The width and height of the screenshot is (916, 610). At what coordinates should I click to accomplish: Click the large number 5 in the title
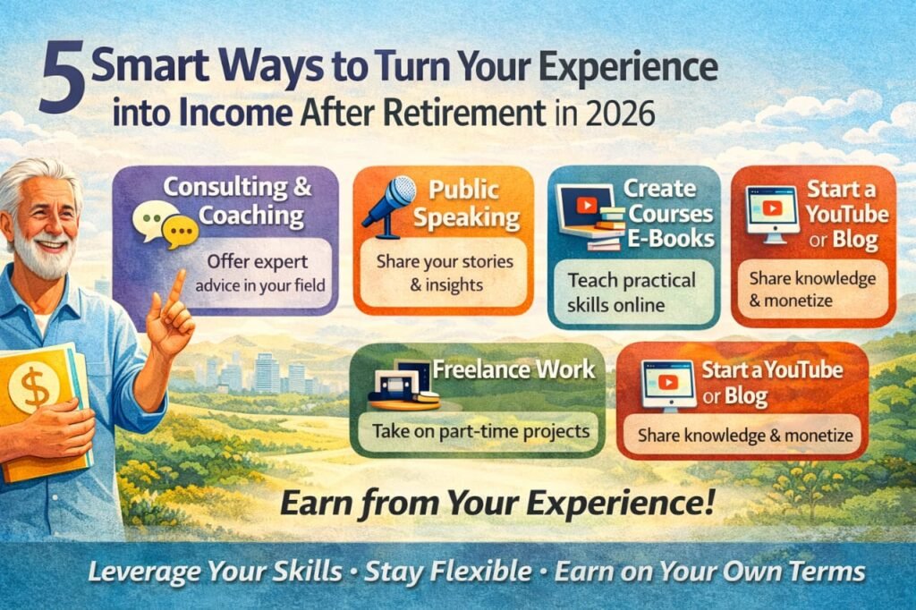pos(61,82)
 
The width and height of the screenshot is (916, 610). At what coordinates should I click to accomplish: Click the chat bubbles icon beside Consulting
pos(163,225)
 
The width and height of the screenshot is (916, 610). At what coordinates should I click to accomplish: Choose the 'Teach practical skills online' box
pos(632,292)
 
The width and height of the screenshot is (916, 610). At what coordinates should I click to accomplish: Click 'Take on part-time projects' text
pos(480,430)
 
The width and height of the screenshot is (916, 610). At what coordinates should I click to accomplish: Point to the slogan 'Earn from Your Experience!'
pos(497,504)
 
